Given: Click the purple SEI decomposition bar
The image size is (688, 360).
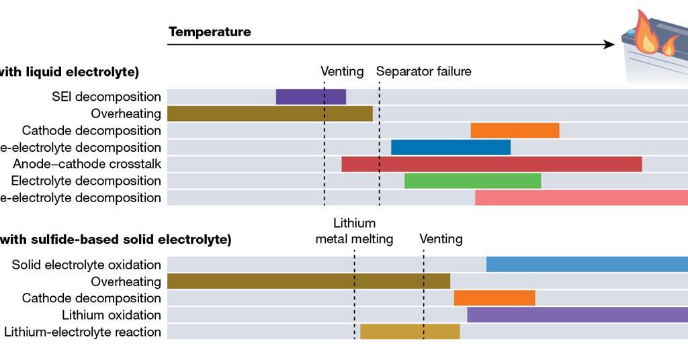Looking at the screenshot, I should pos(310,97).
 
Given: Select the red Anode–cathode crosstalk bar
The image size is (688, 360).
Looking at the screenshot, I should pos(491,164).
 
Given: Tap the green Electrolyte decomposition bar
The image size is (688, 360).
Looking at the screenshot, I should pos(472,181).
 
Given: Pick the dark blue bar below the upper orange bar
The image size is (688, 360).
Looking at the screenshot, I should pos(450,147).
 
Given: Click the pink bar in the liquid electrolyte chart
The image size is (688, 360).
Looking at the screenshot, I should pos(581,197).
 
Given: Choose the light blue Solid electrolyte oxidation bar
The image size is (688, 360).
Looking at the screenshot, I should pos(587,265).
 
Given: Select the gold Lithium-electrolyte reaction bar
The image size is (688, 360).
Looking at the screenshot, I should pos(410,332).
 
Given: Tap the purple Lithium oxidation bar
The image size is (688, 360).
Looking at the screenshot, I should pos(577,315).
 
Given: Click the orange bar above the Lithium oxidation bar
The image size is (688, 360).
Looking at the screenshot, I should pos(494,298).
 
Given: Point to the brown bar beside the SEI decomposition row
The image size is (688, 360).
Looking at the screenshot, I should pos(269,114).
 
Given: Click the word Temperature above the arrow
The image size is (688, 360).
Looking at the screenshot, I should pos(210,32).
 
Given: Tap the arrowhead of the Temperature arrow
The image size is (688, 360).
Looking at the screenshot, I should pos(609,44).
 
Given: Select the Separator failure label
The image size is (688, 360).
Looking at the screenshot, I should pos(423,71).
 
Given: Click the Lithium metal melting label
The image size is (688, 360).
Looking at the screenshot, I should pos(354,231).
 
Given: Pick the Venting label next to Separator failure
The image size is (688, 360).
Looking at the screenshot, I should pos(342,71).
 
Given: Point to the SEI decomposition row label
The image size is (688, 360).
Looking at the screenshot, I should pos(106,97).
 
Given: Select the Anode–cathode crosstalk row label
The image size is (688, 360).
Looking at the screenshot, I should pos(87,164).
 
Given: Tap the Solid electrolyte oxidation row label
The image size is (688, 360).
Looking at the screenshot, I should pos(86,265).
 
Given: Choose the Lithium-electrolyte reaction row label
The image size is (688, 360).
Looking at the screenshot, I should pos(83,332).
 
